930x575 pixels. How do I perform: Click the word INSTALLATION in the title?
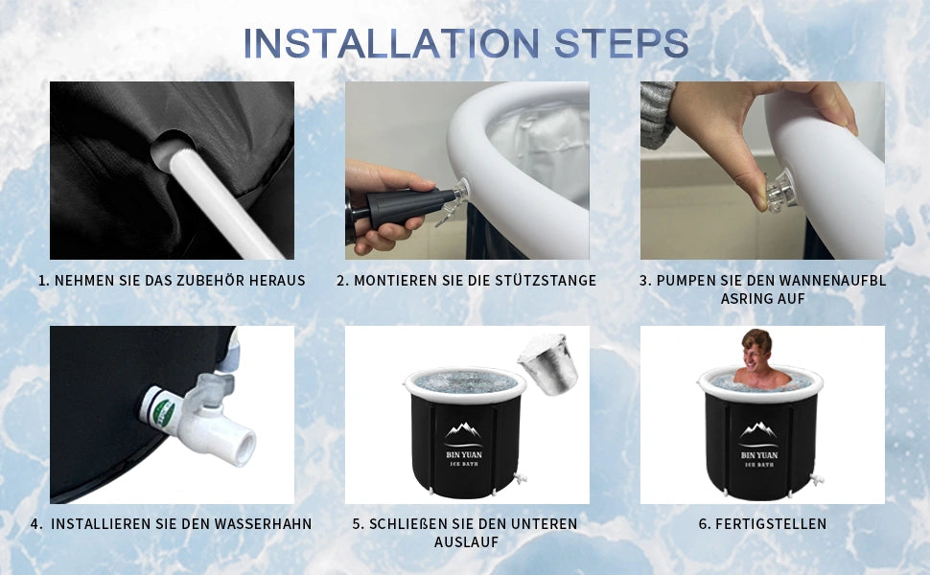(x=391, y=43)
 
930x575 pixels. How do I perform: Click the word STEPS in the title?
(x=621, y=43)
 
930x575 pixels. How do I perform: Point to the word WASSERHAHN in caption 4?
(x=264, y=524)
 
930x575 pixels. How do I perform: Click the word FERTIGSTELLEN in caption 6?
(x=771, y=524)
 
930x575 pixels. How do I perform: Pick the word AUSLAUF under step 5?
(x=466, y=542)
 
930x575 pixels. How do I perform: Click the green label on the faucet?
(x=163, y=411)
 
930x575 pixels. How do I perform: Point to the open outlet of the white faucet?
(x=244, y=448)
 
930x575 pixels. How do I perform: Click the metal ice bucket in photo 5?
(x=549, y=364)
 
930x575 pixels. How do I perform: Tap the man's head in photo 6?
(x=757, y=348)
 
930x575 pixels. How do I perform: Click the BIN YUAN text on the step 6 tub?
(x=759, y=455)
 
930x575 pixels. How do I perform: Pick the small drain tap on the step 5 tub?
(x=522, y=478)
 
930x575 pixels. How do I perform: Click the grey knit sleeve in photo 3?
(x=657, y=114)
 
